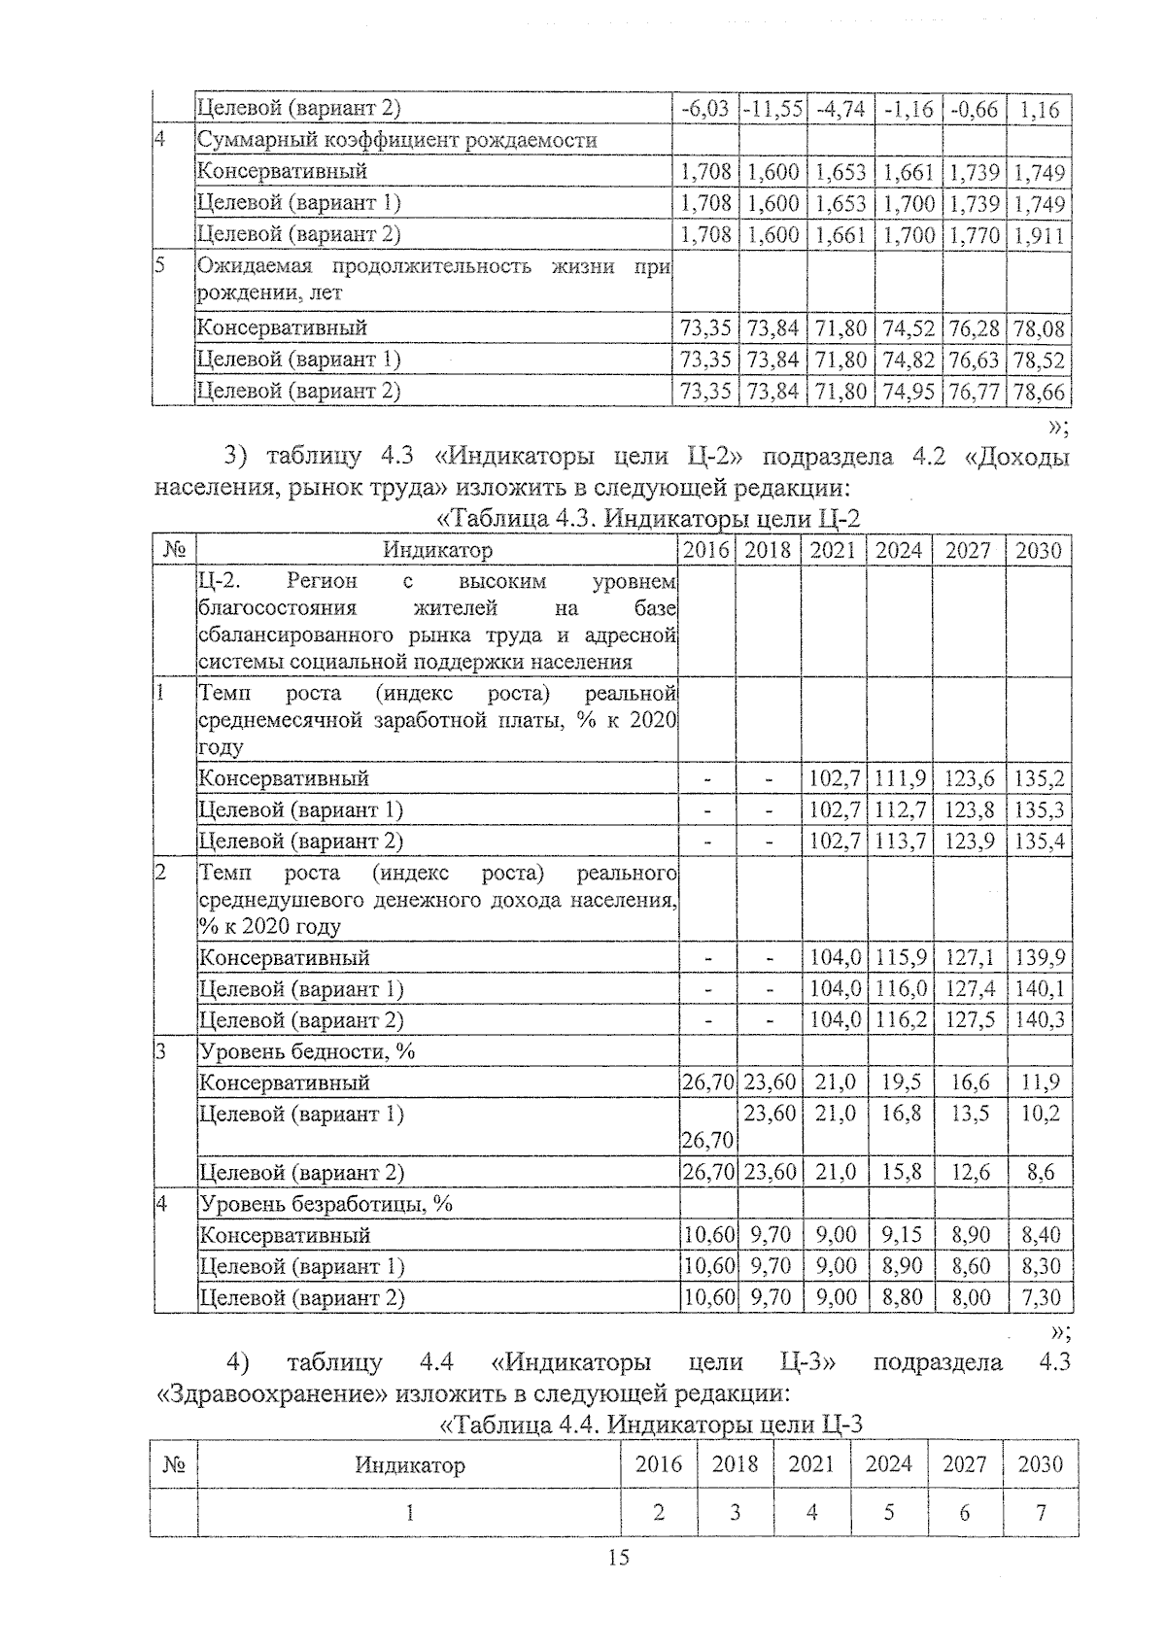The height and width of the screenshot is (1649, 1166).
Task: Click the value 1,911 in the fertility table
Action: [x=1039, y=234]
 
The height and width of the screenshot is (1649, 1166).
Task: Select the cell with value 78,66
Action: [x=1039, y=392]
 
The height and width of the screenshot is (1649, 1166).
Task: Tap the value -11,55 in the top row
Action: [x=772, y=109]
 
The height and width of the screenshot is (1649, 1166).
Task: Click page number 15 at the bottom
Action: [x=618, y=1559]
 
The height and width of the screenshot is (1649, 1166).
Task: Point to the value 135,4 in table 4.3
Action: [x=1039, y=841]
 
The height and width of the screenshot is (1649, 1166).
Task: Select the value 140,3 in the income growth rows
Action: [x=1039, y=1020]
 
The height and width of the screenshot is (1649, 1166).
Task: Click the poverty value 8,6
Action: [x=1040, y=1173]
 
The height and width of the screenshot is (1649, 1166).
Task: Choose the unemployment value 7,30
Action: [x=1040, y=1297]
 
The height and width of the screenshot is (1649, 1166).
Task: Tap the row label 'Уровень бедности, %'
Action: [x=307, y=1051]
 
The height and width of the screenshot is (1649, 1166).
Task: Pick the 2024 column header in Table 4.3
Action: [x=899, y=550]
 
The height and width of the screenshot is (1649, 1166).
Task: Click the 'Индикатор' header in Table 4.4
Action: [x=409, y=1464]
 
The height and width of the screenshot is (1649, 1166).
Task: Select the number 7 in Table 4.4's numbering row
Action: [x=1040, y=1512]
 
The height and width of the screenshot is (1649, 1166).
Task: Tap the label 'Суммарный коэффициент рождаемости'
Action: [x=396, y=140]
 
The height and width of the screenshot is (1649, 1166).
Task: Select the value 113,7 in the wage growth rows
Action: [x=899, y=841]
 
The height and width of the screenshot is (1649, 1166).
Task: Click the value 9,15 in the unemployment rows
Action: [x=899, y=1235]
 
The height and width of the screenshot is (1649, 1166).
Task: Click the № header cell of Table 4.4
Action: [x=174, y=1464]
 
